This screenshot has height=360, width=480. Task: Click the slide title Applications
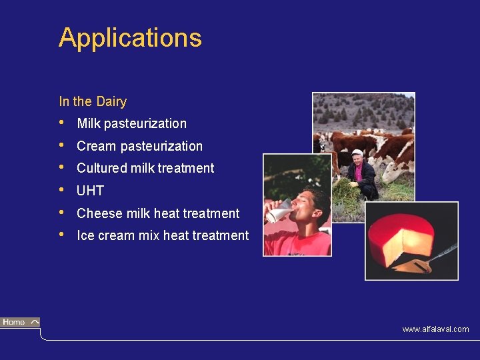[130, 38]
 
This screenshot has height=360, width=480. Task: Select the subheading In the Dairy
[93, 102]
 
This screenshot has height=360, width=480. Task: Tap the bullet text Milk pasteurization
[131, 123]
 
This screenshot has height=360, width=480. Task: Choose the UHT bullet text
[90, 191]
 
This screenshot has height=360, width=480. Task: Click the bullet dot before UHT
[62, 190]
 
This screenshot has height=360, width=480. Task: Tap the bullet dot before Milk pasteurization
[62, 123]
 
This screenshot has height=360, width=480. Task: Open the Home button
[20, 323]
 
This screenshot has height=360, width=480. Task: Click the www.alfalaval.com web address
[435, 329]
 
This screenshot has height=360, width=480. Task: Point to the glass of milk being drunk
[280, 211]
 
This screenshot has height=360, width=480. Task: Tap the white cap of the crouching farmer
[357, 153]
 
